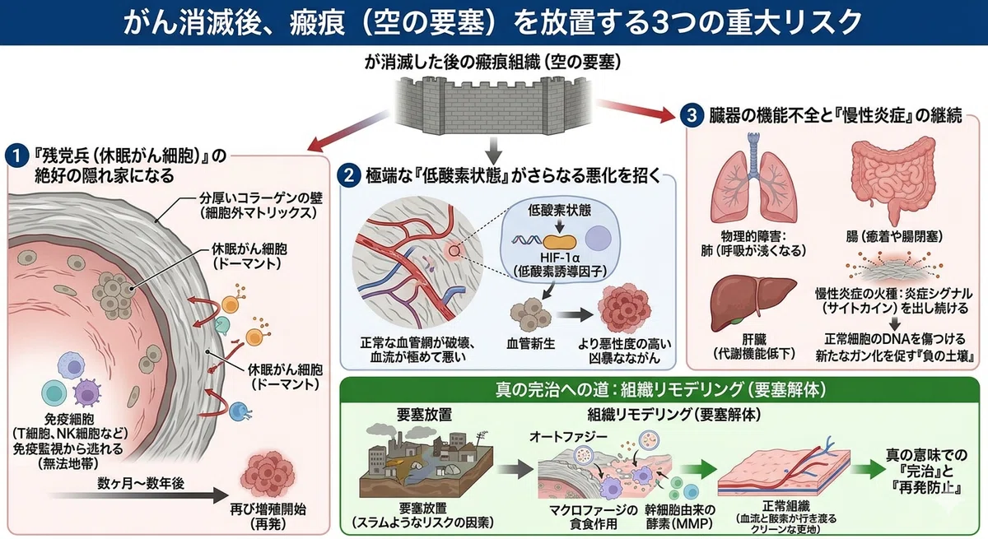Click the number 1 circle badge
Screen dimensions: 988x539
[16, 156]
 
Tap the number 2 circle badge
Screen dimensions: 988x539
[349, 176]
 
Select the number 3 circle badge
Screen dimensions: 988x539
[691, 115]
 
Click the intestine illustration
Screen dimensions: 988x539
[894, 177]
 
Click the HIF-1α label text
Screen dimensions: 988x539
[559, 257]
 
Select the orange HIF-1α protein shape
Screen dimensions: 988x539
[559, 242]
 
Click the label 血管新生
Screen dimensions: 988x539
[530, 343]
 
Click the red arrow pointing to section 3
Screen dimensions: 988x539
[636, 110]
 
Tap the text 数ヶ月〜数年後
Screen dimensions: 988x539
[141, 483]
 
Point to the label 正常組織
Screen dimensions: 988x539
[785, 505]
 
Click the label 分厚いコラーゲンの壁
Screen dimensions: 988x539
[261, 197]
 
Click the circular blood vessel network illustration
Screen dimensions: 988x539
[417, 263]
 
